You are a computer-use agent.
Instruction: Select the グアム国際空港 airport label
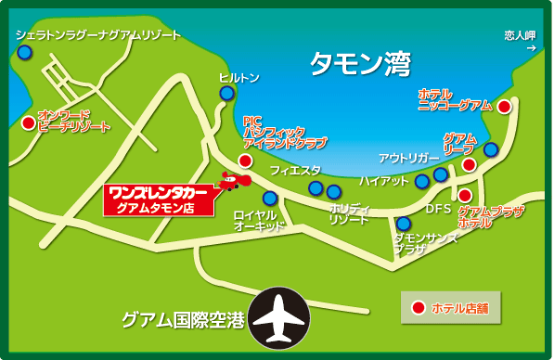[x=183, y=320]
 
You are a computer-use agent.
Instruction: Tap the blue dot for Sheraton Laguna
[x=25, y=52]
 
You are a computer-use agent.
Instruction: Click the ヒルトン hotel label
[x=238, y=79]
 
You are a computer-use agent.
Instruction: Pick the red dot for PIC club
[x=245, y=161]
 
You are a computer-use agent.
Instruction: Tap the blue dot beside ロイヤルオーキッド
[x=270, y=198]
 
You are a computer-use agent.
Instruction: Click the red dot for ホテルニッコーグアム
[x=504, y=107]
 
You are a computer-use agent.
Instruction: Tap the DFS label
[x=437, y=209]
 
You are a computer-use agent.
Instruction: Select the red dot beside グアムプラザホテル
[x=465, y=195]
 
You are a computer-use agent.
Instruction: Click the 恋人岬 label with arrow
[x=521, y=42]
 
